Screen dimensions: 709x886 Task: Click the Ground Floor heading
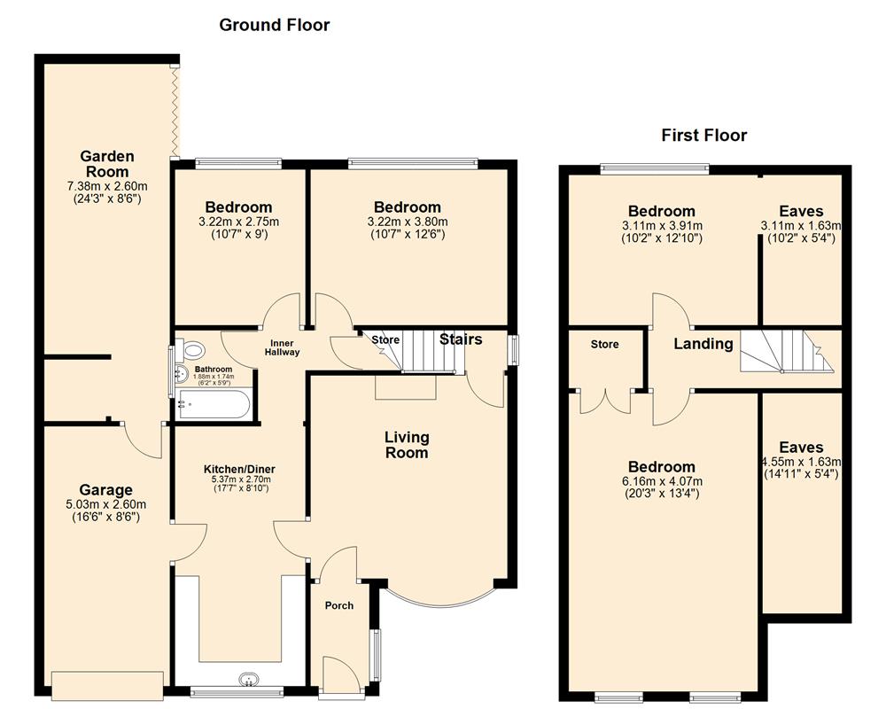point(275,25)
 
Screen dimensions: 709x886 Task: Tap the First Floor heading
point(703,136)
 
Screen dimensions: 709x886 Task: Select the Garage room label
point(105,490)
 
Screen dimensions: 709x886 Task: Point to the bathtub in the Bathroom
point(213,403)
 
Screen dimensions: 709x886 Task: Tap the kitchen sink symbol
point(249,681)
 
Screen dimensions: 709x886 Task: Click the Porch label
point(339,606)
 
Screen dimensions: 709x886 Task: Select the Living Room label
point(407,445)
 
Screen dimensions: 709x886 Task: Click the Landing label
point(703,344)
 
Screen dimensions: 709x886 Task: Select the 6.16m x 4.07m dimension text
point(662,482)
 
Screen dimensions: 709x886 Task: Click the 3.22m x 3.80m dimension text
point(407,222)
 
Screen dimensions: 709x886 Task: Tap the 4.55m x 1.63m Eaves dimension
point(801,462)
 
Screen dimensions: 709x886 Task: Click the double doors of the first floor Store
point(603,400)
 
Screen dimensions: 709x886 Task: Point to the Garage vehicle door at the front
point(107,684)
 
